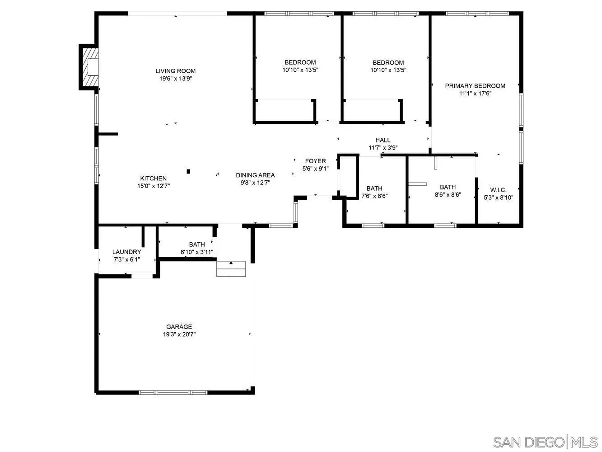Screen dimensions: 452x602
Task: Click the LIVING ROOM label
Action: click(x=176, y=71)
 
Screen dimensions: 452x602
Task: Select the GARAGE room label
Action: click(x=179, y=327)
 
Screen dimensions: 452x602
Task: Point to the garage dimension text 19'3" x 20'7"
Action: click(x=179, y=334)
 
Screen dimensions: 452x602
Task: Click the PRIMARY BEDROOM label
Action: click(x=475, y=86)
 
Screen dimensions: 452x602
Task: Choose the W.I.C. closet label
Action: click(x=498, y=190)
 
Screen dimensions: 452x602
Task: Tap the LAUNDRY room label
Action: click(x=126, y=252)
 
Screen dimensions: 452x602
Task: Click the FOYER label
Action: click(x=315, y=161)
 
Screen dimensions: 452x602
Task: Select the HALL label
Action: click(x=383, y=140)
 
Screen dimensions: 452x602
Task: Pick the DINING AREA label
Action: click(x=255, y=175)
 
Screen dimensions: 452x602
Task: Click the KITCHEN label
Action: click(x=153, y=179)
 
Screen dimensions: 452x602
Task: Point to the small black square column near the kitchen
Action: click(x=189, y=171)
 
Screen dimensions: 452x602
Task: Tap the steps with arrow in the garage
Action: click(x=231, y=268)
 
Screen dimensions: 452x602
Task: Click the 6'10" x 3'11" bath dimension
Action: click(x=197, y=252)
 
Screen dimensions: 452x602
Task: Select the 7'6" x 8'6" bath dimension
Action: click(x=374, y=196)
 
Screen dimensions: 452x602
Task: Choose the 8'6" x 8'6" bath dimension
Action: click(x=448, y=195)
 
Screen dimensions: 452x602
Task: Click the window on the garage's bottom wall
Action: click(x=173, y=392)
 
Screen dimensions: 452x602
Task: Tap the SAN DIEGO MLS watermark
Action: click(x=545, y=442)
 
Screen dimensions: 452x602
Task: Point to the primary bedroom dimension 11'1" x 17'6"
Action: click(x=475, y=94)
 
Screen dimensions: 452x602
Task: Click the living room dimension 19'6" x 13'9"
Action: click(x=176, y=79)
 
